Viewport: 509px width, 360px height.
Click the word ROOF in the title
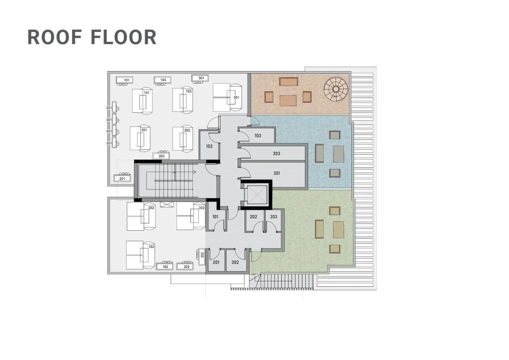click(x=55, y=37)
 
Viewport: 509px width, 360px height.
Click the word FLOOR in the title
click(x=124, y=37)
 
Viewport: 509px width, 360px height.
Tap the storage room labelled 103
click(x=257, y=135)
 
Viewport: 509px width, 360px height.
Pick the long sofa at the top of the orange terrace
click(x=289, y=81)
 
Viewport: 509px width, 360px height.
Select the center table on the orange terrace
click(x=288, y=100)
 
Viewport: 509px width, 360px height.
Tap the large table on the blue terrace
click(x=338, y=154)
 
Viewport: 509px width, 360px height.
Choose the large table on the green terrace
click(x=338, y=230)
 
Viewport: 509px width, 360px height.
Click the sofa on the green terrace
click(x=320, y=229)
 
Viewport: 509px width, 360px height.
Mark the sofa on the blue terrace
click(x=320, y=153)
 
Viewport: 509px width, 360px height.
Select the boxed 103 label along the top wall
click(x=163, y=80)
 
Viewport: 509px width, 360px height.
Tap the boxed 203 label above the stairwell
click(x=162, y=156)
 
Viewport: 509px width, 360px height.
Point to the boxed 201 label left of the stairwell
click(x=122, y=179)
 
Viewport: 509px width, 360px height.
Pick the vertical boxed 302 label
click(x=202, y=255)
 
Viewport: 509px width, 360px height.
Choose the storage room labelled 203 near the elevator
click(x=274, y=219)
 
